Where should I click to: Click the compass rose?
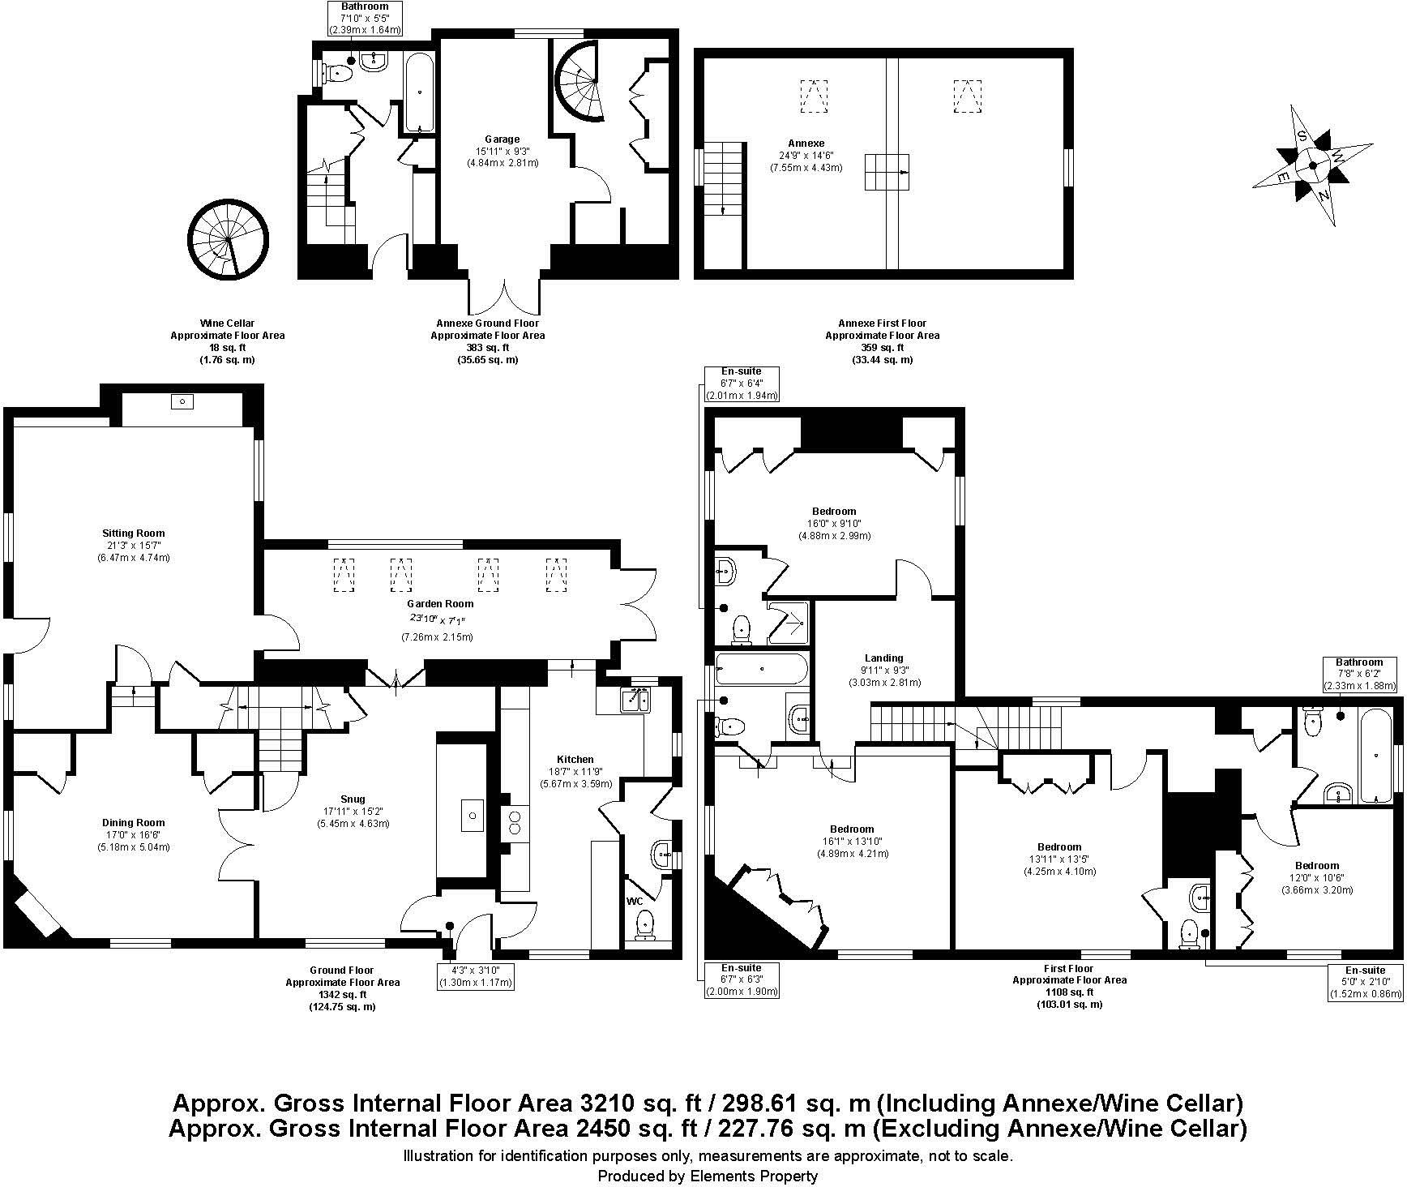pyautogui.click(x=1312, y=166)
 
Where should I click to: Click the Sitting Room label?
pyautogui.click(x=134, y=534)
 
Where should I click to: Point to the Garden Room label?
pyautogui.click(x=440, y=603)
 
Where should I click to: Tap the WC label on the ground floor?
pyautogui.click(x=634, y=901)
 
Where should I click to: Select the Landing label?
pyautogui.click(x=883, y=658)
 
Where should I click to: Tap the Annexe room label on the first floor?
pyautogui.click(x=806, y=144)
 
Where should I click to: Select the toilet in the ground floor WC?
pyautogui.click(x=645, y=923)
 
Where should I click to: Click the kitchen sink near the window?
pyautogui.click(x=636, y=699)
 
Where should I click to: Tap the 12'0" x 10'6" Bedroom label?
pyautogui.click(x=1316, y=865)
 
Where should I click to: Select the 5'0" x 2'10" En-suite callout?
pyautogui.click(x=1365, y=982)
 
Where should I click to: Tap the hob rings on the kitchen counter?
pyautogui.click(x=513, y=823)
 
